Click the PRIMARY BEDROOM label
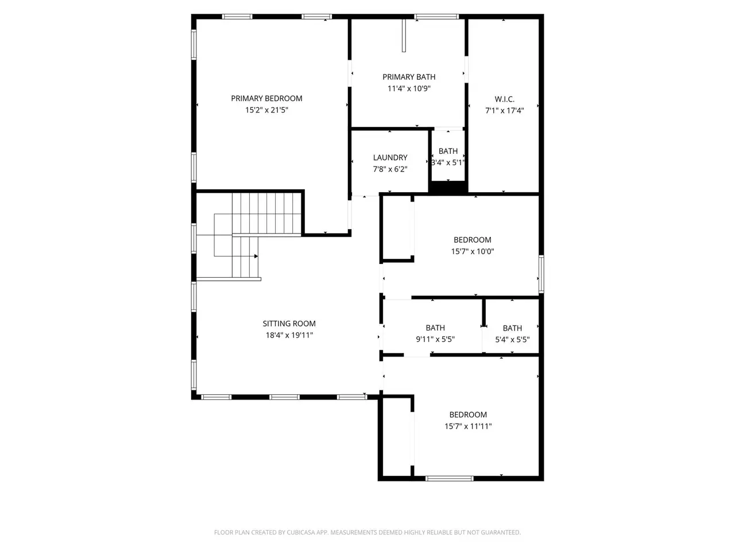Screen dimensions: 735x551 266,98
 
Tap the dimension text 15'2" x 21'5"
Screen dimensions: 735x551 266,110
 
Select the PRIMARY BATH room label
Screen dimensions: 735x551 409,77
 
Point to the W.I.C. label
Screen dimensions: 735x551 504,99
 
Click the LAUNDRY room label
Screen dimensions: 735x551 390,158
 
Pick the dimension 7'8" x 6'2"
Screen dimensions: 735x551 390,169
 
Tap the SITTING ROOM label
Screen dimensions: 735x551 289,324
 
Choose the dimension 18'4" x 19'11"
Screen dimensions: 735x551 289,335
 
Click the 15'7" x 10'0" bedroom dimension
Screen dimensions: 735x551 472,251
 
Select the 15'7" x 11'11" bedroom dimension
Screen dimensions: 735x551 468,426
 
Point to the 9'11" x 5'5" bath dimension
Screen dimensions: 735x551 435,339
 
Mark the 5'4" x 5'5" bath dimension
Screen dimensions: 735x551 512,340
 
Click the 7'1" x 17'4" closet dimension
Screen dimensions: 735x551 504,110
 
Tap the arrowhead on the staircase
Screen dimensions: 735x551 256,256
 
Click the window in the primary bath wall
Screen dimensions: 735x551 436,17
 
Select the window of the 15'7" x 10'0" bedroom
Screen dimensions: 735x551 541,274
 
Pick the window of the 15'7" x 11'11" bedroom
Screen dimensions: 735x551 450,479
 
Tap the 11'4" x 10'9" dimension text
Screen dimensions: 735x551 409,88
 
